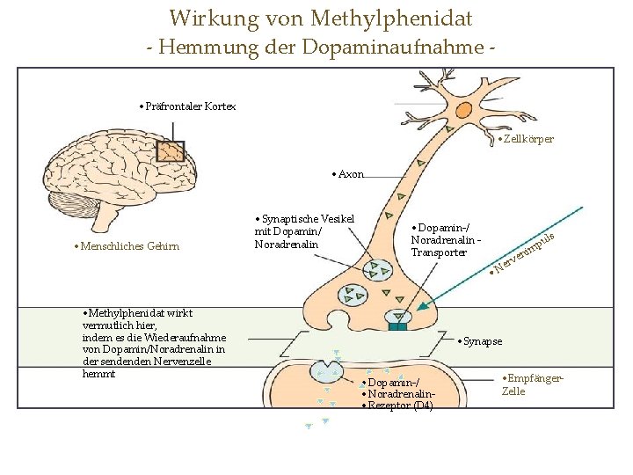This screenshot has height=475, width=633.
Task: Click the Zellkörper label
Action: click(527, 139)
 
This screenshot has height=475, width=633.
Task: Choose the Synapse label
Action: click(483, 340)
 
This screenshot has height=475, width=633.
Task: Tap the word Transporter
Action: click(439, 252)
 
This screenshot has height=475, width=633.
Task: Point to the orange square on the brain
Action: click(170, 151)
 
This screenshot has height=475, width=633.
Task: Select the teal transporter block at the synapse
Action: click(399, 326)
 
